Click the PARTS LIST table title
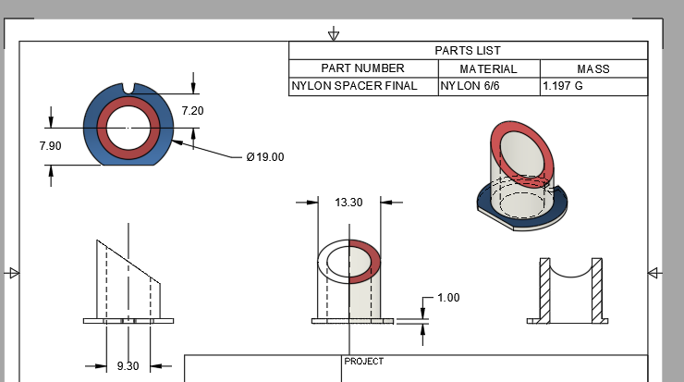(468, 50)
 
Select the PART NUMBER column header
(362, 68)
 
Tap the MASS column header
(593, 68)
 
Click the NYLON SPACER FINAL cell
(353, 86)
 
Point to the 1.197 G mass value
(563, 86)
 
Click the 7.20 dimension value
(192, 110)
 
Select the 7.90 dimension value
(51, 146)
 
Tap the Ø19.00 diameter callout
(264, 157)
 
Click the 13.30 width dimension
(348, 202)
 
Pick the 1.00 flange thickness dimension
(448, 298)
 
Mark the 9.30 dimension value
(128, 366)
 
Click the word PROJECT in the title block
(363, 362)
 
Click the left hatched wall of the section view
(544, 289)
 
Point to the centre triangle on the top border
(334, 35)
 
